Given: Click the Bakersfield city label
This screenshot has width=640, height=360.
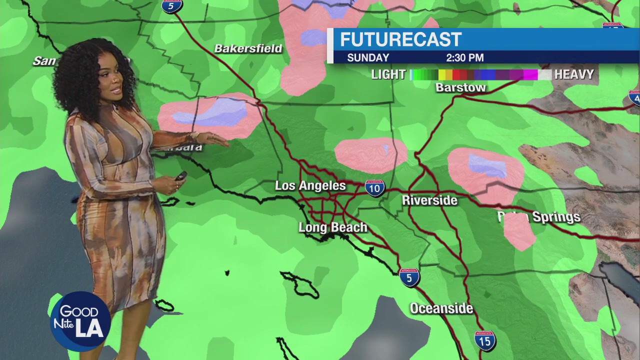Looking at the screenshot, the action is (248, 48).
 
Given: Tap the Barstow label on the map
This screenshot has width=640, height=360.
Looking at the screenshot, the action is (460, 87).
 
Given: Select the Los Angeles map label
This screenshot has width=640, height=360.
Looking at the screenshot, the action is (310, 186).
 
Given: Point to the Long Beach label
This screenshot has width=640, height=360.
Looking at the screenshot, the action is (332, 227).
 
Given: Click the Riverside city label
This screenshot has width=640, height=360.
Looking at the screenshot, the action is (429, 200).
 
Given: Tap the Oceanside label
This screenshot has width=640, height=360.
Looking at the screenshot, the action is (441, 308).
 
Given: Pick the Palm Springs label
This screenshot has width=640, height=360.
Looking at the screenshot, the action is (539, 217).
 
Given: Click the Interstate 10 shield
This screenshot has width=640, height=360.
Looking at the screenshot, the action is (374, 188).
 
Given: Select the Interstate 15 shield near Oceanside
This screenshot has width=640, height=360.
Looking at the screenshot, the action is (484, 340).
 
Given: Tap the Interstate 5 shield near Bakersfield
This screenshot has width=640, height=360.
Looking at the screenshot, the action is (171, 6).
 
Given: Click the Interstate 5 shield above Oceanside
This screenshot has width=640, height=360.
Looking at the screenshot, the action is (409, 277).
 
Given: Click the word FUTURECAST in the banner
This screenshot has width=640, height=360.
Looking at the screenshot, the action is (400, 39).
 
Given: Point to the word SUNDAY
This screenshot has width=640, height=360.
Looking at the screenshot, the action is (368, 57).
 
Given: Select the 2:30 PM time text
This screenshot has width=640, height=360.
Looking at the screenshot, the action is (464, 57).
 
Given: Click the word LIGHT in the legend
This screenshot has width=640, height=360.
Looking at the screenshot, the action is (388, 75).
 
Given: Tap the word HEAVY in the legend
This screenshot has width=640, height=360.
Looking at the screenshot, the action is (574, 75).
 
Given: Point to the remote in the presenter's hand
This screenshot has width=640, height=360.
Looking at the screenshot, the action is (180, 176).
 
